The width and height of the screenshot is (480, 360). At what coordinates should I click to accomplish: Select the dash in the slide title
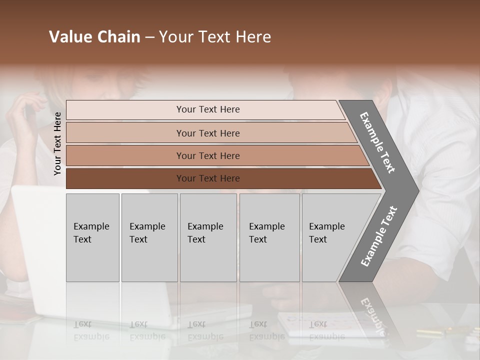(x=149, y=37)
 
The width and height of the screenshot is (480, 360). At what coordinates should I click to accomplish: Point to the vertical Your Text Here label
(x=57, y=143)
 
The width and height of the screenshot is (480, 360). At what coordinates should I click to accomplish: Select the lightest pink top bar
(x=205, y=109)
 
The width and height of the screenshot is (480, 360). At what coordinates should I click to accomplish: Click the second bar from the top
(x=208, y=133)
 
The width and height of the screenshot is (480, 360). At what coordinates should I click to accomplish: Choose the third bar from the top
(x=208, y=155)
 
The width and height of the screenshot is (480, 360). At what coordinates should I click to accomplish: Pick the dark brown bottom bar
(x=208, y=178)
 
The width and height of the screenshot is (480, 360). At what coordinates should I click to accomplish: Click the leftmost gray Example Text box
(x=92, y=237)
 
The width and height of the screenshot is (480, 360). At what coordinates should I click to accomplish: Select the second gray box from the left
(x=149, y=237)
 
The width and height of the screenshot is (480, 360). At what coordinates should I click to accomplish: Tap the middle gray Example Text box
(x=208, y=237)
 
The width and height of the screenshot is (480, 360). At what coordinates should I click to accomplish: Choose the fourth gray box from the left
(x=269, y=237)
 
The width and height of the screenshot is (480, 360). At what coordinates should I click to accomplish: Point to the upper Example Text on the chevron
(x=377, y=142)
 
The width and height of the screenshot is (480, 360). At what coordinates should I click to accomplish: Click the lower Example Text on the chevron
(x=378, y=236)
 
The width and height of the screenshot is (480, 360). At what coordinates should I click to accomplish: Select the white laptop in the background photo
(x=40, y=250)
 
